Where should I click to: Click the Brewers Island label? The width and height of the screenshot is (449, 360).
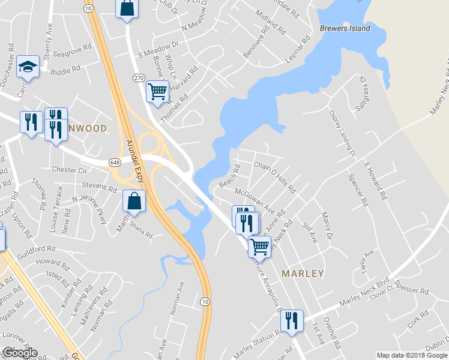pos(345,28)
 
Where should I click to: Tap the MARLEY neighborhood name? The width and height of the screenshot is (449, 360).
pos(303,274)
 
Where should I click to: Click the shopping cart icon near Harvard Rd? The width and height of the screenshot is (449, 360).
pos(157,92)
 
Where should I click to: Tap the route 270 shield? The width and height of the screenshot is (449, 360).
pos(139,78)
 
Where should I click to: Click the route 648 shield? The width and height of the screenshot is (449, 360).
pos(115,163)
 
